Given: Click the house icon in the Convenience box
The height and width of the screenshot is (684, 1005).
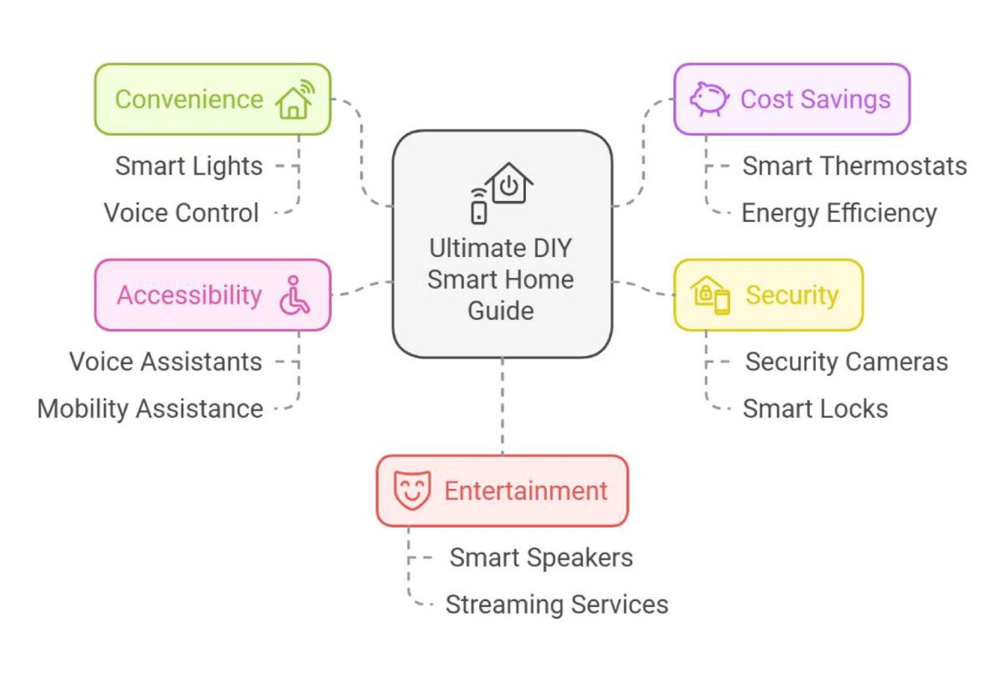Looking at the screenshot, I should pyautogui.click(x=295, y=101).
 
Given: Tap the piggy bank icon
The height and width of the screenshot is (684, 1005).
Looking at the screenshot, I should pyautogui.click(x=709, y=99).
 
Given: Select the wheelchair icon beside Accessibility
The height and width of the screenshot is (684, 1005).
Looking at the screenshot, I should pyautogui.click(x=294, y=295).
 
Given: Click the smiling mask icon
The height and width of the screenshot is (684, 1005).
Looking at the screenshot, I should pyautogui.click(x=412, y=490).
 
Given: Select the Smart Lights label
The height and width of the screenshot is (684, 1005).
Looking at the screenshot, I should pyautogui.click(x=189, y=166).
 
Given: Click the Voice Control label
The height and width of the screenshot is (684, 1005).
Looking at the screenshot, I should pyautogui.click(x=181, y=213).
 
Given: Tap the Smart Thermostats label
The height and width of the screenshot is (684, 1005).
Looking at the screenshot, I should pyautogui.click(x=854, y=166).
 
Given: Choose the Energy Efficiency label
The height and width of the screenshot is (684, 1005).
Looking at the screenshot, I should pyautogui.click(x=839, y=213).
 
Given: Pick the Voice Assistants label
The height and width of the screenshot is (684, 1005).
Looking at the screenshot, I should pyautogui.click(x=166, y=362).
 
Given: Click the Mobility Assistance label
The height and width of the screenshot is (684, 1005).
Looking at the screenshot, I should pyautogui.click(x=150, y=409).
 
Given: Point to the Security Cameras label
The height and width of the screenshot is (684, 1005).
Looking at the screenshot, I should pyautogui.click(x=846, y=362).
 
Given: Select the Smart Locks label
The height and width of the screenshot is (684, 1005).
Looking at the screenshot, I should pyautogui.click(x=815, y=409).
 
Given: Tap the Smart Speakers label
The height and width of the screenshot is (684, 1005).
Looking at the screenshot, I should pyautogui.click(x=541, y=558).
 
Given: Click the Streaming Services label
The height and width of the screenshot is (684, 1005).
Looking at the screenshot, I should pyautogui.click(x=557, y=605).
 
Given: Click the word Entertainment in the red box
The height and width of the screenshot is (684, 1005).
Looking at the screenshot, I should pyautogui.click(x=526, y=491).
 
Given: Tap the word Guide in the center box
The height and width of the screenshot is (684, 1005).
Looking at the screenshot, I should pyautogui.click(x=501, y=311).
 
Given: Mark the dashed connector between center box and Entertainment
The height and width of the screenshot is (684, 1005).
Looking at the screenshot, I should pyautogui.click(x=502, y=406).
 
